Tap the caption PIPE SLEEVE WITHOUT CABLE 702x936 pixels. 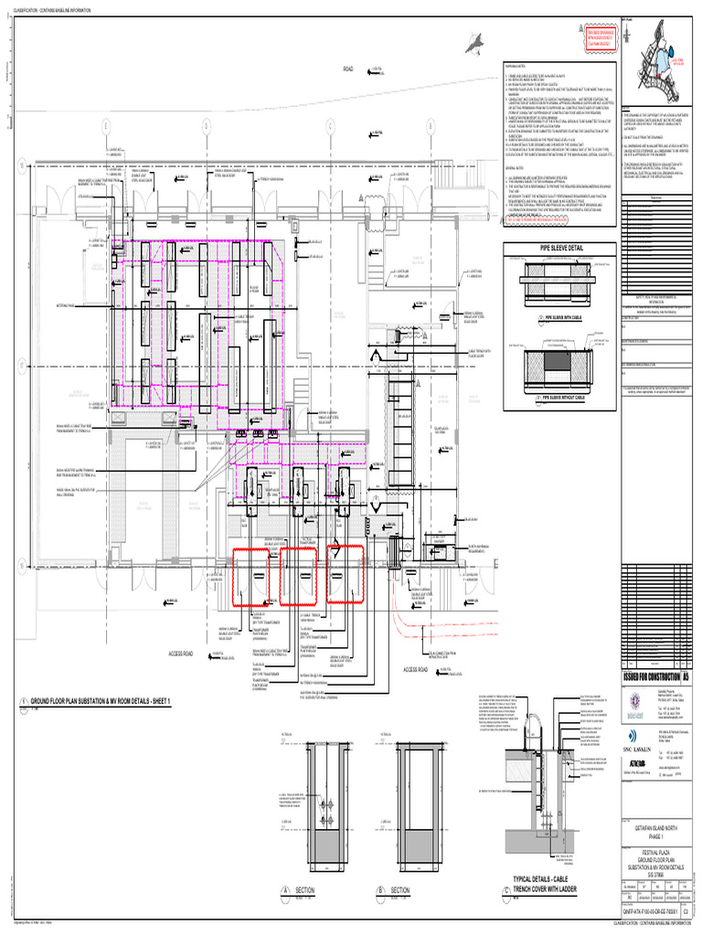coord(561,399)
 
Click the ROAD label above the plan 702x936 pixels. coord(347,69)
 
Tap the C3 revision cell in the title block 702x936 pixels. coord(686,922)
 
